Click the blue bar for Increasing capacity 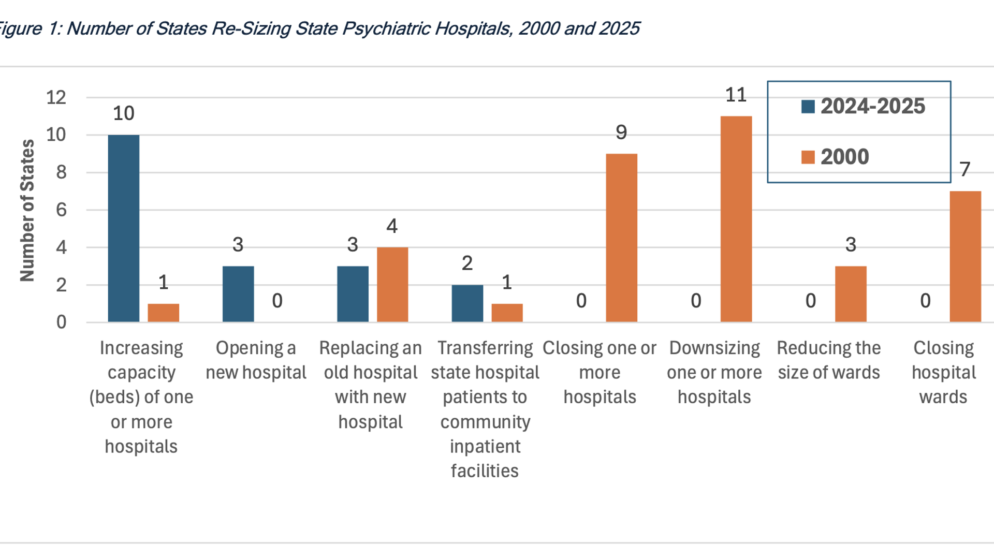123,228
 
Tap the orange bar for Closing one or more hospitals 621,238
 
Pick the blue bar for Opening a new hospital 238,294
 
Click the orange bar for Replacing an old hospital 392,285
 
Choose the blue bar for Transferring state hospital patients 467,303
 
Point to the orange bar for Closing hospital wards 965,256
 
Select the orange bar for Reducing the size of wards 851,294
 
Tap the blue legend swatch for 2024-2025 808,107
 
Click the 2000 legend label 844,157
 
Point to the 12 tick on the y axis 56,97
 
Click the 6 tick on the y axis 61,210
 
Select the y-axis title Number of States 27,210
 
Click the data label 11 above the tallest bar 736,95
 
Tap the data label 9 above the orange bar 621,133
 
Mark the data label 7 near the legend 964,169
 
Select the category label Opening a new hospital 256,360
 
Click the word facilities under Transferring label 485,471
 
